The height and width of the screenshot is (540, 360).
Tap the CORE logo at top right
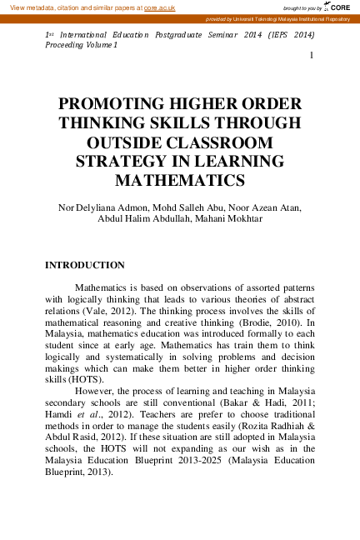pos(339,7)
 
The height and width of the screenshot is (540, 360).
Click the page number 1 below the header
pos(311,56)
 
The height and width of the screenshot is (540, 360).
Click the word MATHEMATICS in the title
pos(179,179)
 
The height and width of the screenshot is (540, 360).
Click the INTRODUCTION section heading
pos(84,265)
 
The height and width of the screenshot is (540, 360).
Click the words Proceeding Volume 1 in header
pos(81,44)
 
